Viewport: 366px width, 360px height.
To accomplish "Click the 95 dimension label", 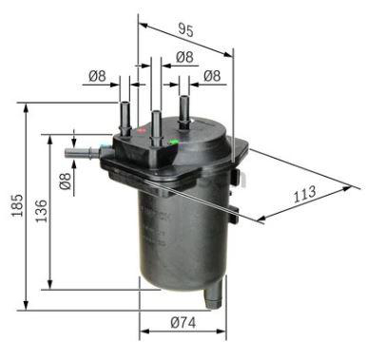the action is pyautogui.click(x=185, y=29).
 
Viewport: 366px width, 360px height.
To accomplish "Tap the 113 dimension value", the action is pyautogui.click(x=304, y=194).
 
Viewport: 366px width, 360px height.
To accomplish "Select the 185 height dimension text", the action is pyautogui.click(x=17, y=205).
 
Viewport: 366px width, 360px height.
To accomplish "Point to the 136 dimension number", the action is pyautogui.click(x=41, y=211).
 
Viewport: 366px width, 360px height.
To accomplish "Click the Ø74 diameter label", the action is pyautogui.click(x=183, y=322).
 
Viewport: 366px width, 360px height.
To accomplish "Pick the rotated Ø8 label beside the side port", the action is pyautogui.click(x=66, y=180).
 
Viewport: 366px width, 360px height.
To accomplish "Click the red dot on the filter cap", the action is pyautogui.click(x=142, y=130).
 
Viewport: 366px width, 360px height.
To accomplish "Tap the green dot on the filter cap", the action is pyautogui.click(x=173, y=142).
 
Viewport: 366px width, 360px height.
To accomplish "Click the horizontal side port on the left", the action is pyautogui.click(x=83, y=153).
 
